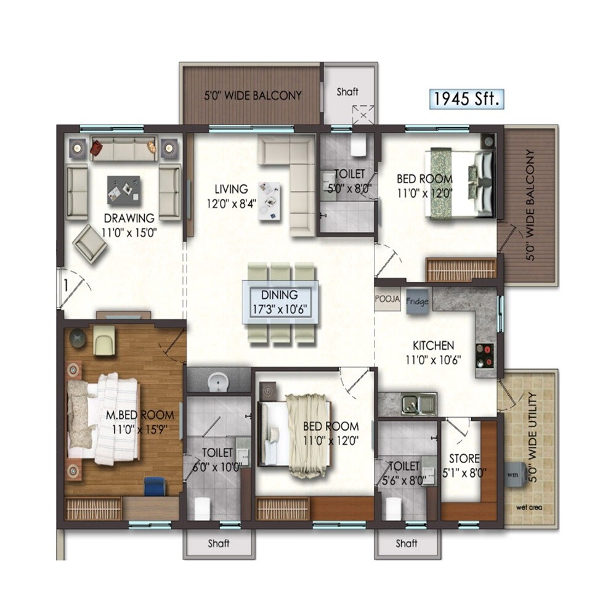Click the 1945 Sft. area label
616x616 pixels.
[x=466, y=99]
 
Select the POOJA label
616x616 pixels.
[x=387, y=299]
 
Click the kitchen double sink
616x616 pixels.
[x=419, y=404]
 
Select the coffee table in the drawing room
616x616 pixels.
[x=123, y=190]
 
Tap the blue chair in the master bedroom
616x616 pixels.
[x=155, y=486]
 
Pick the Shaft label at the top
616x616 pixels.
[x=347, y=92]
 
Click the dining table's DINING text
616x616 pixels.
[x=279, y=295]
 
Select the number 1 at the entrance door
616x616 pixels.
[x=63, y=285]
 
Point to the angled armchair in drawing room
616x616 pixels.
[x=90, y=244]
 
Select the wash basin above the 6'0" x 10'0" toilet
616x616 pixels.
[x=217, y=382]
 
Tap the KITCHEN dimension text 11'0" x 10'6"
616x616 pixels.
[x=434, y=359]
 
